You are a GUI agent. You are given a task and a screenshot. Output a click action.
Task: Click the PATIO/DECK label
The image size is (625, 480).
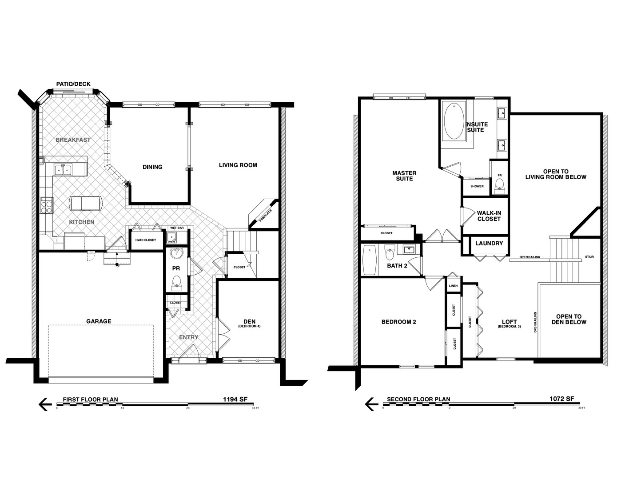click(x=73, y=84)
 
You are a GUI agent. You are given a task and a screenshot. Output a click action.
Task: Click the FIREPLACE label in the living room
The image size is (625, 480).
click(x=266, y=215)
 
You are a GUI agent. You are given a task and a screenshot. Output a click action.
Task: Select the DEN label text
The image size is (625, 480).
click(x=249, y=321)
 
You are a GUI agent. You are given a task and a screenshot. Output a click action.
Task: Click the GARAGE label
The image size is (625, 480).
click(x=99, y=321)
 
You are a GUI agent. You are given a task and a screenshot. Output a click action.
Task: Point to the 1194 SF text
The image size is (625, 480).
click(x=235, y=399)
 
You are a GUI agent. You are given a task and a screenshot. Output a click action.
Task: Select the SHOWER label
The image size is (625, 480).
click(x=477, y=186)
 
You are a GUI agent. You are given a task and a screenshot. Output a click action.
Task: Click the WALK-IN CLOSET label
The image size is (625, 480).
click(x=489, y=216)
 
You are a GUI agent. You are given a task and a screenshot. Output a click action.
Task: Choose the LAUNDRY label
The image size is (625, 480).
click(x=489, y=243)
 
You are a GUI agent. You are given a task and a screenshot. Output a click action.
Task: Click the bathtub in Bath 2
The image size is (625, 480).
click(x=370, y=260)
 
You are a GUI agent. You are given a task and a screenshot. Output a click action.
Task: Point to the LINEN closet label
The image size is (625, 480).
click(x=453, y=286)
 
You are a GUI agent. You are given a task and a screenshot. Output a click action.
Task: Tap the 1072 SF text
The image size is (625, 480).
click(x=561, y=399)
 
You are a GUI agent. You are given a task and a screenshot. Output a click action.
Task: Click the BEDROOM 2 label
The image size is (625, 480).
click(x=398, y=322)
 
